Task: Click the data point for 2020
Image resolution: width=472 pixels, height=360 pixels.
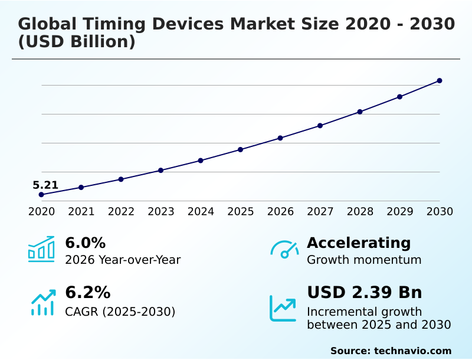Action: (x=41, y=195)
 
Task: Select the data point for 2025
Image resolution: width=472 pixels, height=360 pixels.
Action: (x=241, y=149)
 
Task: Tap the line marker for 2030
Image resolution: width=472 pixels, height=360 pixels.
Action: (x=440, y=81)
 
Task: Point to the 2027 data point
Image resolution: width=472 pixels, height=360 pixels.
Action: (x=320, y=126)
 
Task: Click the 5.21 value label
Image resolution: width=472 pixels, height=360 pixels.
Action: (x=45, y=185)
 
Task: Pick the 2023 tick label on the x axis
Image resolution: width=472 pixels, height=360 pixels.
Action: (x=161, y=212)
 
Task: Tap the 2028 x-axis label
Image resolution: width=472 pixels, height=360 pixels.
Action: (x=360, y=212)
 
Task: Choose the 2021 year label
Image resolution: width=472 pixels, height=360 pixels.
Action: (x=81, y=212)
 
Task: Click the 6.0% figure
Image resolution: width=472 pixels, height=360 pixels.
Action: (x=85, y=243)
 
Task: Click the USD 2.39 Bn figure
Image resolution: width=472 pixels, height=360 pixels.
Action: (x=364, y=293)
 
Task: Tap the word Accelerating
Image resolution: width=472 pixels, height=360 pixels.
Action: (x=359, y=243)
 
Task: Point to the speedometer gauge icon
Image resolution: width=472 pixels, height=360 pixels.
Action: (x=284, y=250)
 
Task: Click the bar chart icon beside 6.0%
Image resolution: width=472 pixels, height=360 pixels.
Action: (x=41, y=250)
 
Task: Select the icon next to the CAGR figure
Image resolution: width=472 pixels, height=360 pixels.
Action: (x=42, y=302)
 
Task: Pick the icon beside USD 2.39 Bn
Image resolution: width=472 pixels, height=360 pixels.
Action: (x=283, y=307)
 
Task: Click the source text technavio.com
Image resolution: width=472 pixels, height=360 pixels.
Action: (x=412, y=351)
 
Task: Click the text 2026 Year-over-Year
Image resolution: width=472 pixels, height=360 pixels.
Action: (x=123, y=260)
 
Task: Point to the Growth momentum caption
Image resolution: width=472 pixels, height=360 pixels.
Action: (x=364, y=260)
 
